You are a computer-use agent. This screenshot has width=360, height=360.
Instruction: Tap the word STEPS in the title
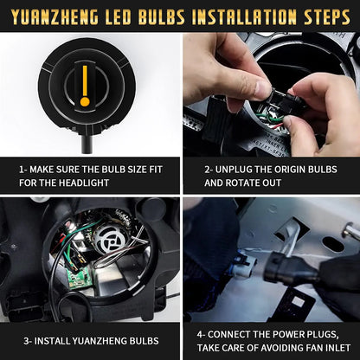tap(324, 15)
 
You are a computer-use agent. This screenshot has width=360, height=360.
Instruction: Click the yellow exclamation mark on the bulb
tap(85, 86)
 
